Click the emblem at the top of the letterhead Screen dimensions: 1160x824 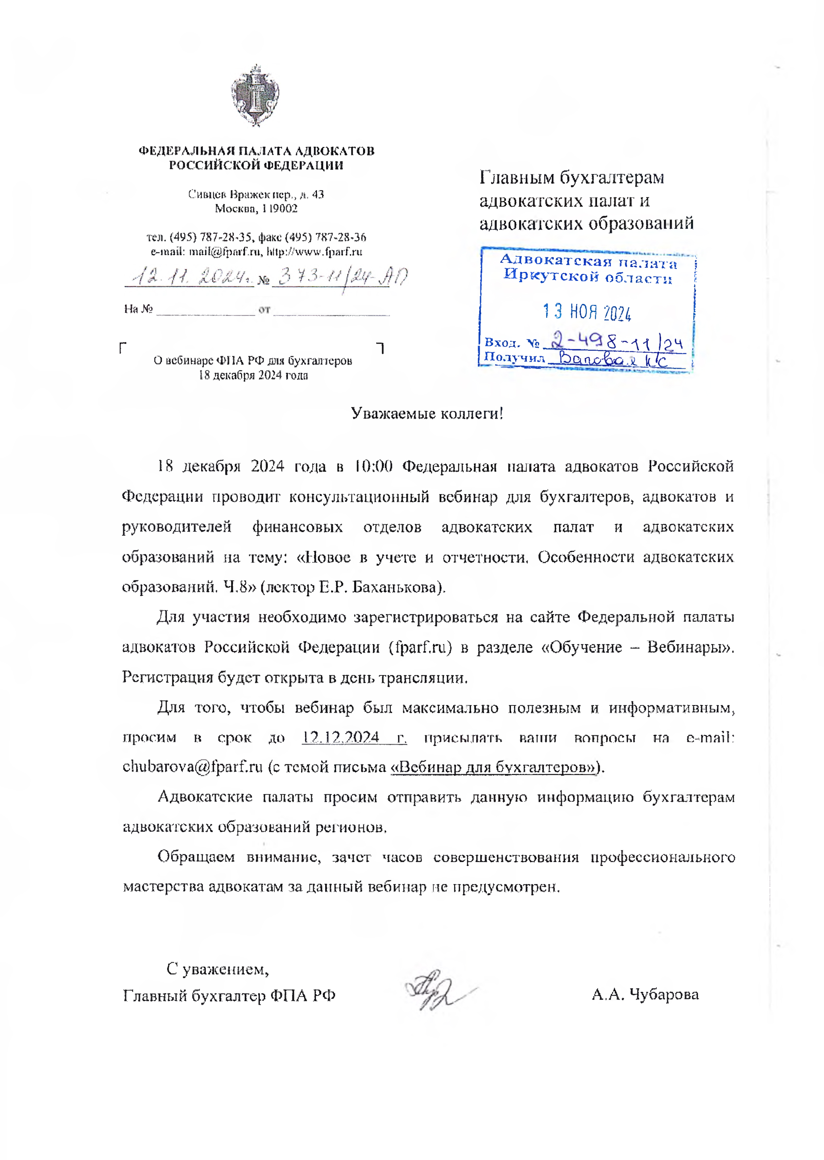coord(255,95)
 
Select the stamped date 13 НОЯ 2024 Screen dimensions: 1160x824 coord(587,312)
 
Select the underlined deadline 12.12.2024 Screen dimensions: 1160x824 coord(341,737)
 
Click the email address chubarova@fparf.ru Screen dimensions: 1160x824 coord(192,767)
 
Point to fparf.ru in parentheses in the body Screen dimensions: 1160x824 coord(420,648)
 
